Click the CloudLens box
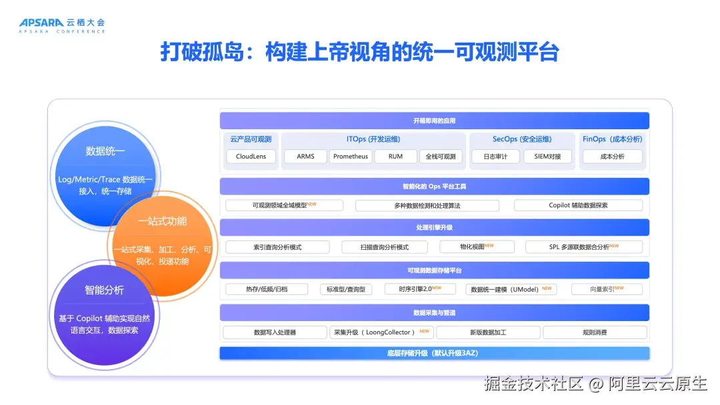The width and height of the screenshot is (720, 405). tap(251, 157)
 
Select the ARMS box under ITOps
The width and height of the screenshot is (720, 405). tap(305, 157)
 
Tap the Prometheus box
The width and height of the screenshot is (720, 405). tap(351, 157)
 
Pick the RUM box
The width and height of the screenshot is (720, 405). tap(395, 157)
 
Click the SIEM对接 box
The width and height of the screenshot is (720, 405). tap(547, 157)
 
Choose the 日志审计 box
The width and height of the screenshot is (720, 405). tap(495, 157)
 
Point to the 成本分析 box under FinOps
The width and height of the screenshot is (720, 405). tap(612, 157)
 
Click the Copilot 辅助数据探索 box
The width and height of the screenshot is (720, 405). tap(578, 205)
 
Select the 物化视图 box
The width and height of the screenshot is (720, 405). tap(477, 246)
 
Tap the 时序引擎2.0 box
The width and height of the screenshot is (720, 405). tap(420, 289)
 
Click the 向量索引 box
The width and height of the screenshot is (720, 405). tap(607, 289)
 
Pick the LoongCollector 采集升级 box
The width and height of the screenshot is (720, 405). tap(381, 332)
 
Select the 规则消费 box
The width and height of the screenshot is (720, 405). tap(595, 332)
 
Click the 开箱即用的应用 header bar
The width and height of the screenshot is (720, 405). tap(435, 121)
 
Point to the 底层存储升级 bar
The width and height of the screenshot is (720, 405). tap(435, 353)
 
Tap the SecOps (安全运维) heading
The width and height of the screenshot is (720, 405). tap(522, 139)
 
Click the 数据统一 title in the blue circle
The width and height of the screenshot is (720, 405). tap(105, 151)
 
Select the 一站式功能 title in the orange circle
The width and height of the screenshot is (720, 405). tap(163, 221)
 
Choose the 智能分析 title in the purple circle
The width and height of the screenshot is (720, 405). tap(104, 290)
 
